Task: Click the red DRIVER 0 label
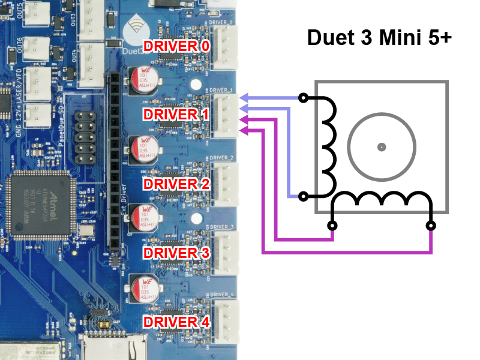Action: tap(176, 46)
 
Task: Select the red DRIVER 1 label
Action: tap(176, 114)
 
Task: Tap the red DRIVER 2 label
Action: tap(176, 184)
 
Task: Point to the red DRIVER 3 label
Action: tap(176, 253)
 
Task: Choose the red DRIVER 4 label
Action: tap(176, 322)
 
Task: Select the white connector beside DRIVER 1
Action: tap(226, 114)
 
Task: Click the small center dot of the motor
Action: tap(382, 146)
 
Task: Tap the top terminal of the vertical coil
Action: tap(304, 97)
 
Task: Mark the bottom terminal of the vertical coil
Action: tap(304, 196)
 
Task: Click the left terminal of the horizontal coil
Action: tap(332, 226)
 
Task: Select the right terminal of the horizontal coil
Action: tap(430, 226)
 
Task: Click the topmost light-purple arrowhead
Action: tap(244, 97)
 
